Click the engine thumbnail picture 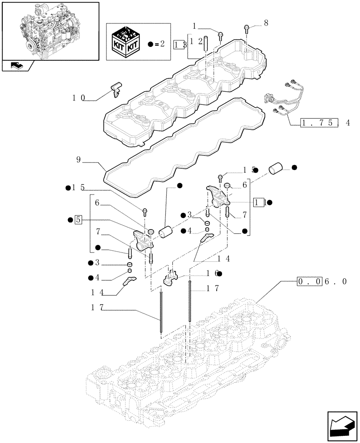(x=50, y=30)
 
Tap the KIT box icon (x=127, y=43)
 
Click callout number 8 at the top (x=266, y=23)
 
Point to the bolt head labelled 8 (x=247, y=29)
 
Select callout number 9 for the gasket (x=78, y=159)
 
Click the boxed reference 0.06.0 (x=315, y=281)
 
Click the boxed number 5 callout (x=78, y=219)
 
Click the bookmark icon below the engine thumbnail (x=18, y=66)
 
